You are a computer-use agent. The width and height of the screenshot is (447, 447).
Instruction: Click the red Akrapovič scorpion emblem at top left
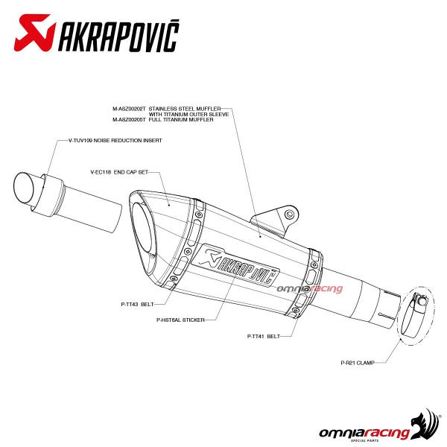coord(35,33)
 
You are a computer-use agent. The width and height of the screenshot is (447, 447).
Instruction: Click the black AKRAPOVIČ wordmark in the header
coord(118,36)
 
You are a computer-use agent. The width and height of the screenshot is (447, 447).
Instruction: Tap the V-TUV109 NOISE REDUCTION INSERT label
coord(115,140)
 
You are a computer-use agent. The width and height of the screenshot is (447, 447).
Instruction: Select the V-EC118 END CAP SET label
coord(119,172)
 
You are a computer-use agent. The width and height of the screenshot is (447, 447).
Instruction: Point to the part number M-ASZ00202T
coord(129,109)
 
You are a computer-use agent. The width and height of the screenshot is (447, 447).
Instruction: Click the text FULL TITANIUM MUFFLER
coord(181,119)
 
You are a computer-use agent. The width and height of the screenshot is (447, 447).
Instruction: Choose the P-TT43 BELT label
coord(137,304)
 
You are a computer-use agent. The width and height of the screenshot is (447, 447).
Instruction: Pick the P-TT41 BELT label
coord(264,336)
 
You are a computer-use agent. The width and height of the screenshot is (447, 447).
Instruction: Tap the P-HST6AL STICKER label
coord(180,320)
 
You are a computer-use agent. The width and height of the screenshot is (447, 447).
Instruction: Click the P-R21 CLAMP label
coord(358,363)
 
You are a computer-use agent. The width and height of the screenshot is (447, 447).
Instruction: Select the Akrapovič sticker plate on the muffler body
coord(235,264)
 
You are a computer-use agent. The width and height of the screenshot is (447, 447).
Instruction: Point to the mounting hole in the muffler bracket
coord(290,214)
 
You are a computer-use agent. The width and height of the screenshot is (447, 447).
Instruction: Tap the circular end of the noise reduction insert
coord(23,188)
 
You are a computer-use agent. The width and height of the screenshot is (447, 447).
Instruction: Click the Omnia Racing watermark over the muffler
coord(310,289)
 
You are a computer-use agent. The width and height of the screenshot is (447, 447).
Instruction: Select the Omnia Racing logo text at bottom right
coord(364,434)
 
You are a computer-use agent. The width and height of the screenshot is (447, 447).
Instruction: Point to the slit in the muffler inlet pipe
coord(388,315)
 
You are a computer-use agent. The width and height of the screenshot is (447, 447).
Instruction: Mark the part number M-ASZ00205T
coord(129,119)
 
